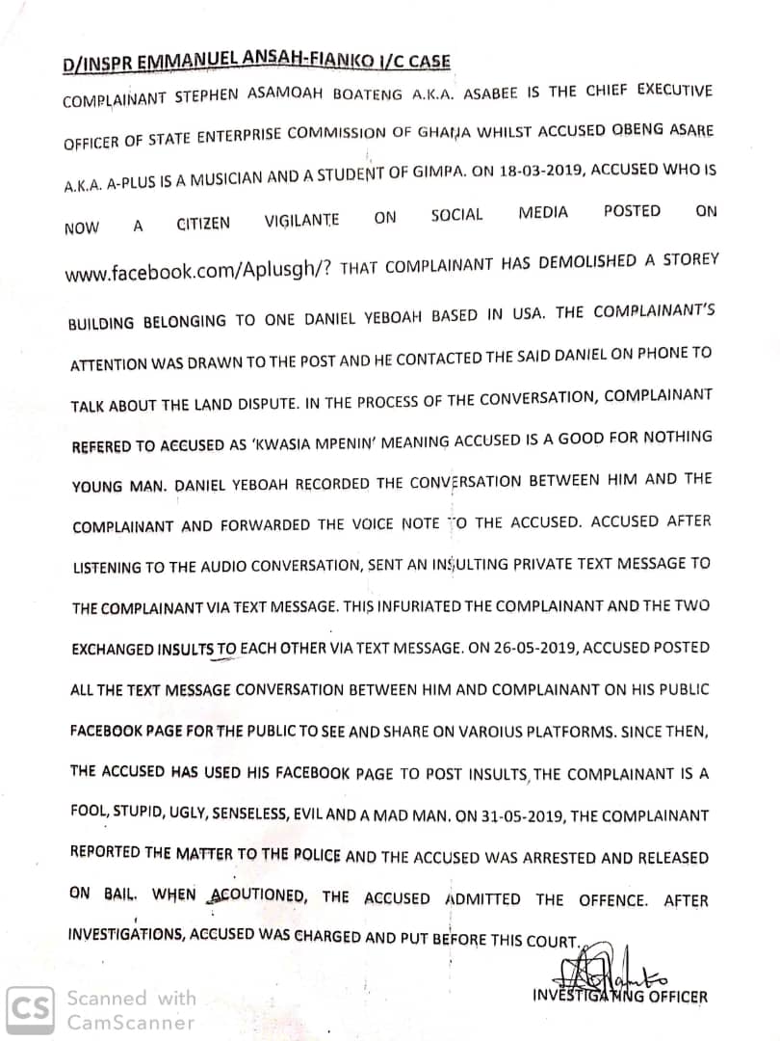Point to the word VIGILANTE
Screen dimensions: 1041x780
coord(302,222)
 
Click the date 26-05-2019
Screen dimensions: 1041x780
coord(522,648)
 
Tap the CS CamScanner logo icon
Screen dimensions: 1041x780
coord(32,1008)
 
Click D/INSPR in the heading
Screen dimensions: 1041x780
coord(93,64)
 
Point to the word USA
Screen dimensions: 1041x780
coord(530,313)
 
